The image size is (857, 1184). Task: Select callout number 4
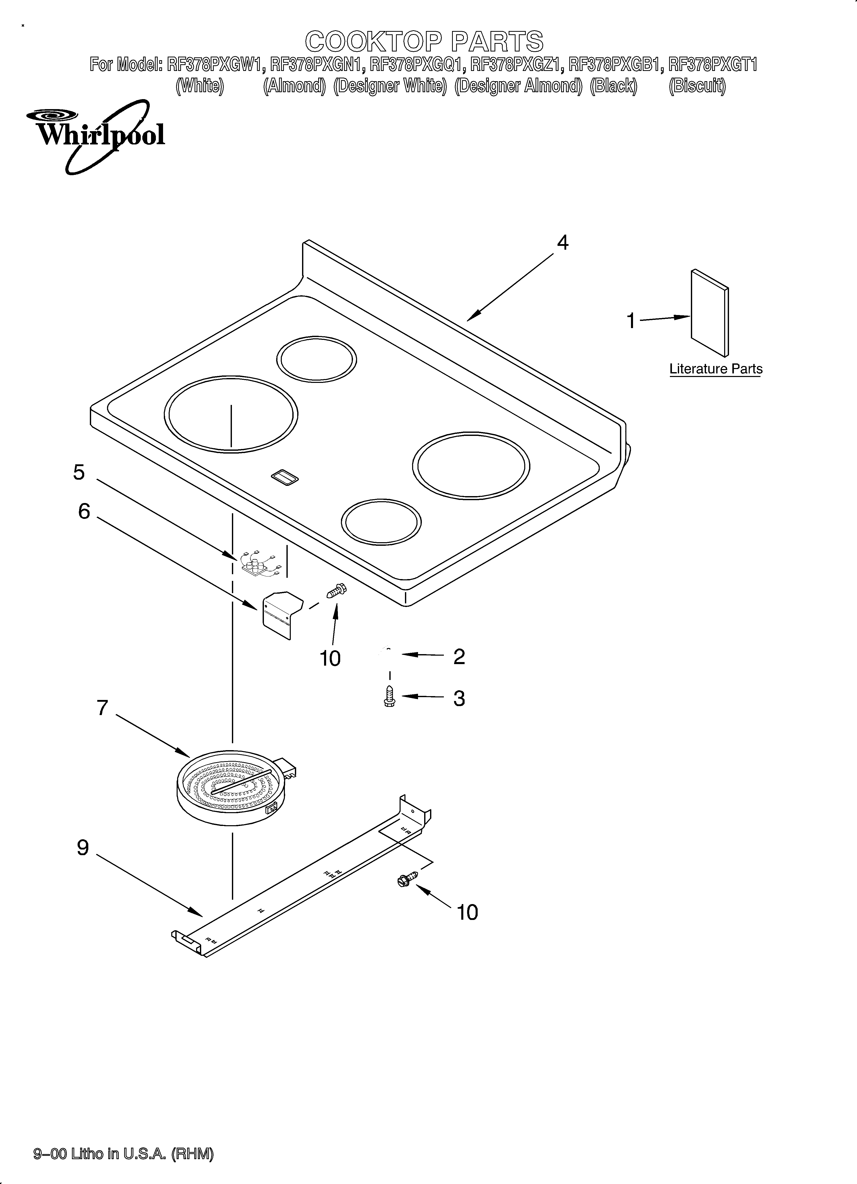coord(562,243)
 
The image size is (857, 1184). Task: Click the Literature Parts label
coord(715,369)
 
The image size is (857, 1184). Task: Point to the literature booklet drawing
coord(710,313)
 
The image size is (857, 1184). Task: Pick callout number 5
coord(79,473)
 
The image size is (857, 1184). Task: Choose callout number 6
coord(84,512)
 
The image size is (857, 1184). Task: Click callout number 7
coord(102,708)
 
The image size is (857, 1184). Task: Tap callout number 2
coord(459,656)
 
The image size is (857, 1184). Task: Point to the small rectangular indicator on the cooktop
coord(284,476)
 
